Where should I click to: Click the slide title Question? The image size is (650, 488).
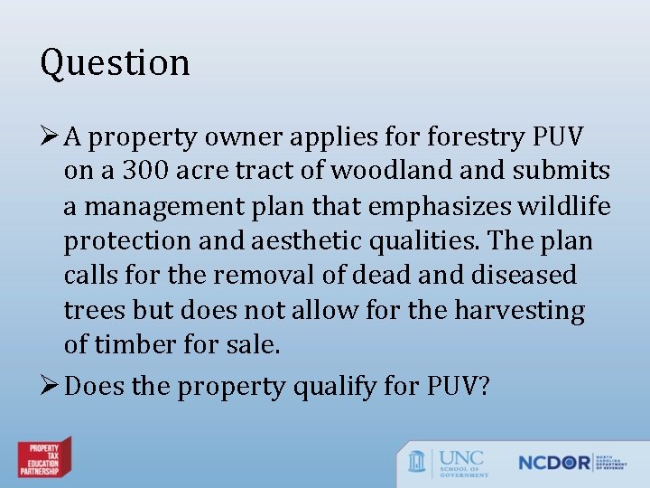[115, 63]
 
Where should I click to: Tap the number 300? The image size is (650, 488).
[144, 171]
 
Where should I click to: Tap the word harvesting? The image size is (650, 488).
[519, 311]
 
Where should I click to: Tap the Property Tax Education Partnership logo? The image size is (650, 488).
[44, 457]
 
